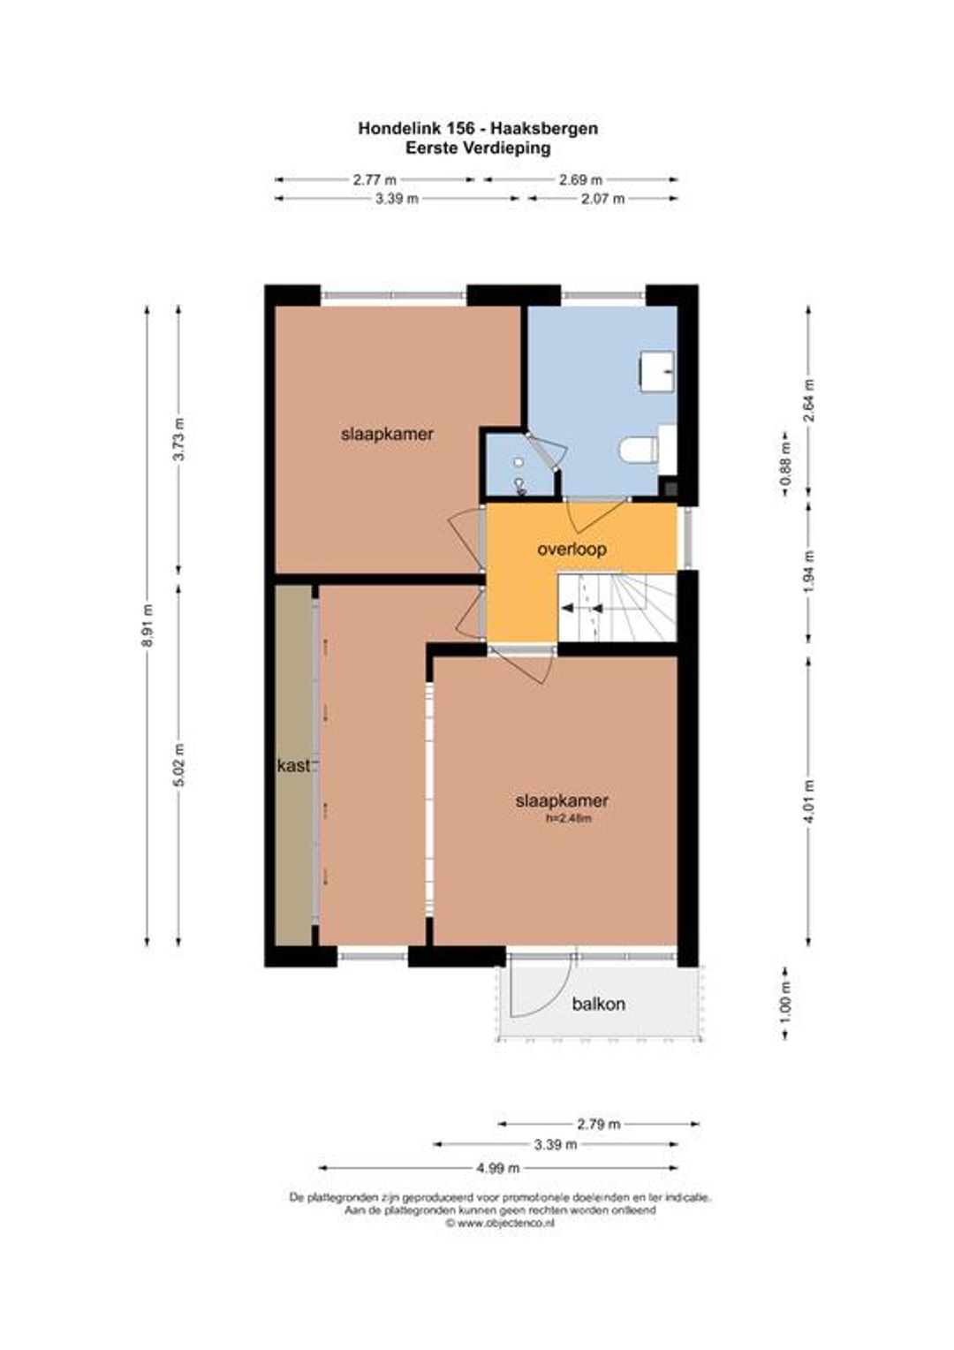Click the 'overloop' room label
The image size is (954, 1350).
(x=572, y=549)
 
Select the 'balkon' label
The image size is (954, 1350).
(x=598, y=1004)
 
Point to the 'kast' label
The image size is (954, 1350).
(x=293, y=765)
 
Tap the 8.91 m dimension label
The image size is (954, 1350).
(x=147, y=626)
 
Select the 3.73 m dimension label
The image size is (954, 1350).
(x=178, y=439)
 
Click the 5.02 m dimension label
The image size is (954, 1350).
(x=178, y=765)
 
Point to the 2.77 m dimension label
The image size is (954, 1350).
(x=375, y=179)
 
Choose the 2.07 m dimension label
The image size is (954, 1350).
(x=602, y=199)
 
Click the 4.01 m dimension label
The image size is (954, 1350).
(x=809, y=801)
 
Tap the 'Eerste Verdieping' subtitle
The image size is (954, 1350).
(x=478, y=148)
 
